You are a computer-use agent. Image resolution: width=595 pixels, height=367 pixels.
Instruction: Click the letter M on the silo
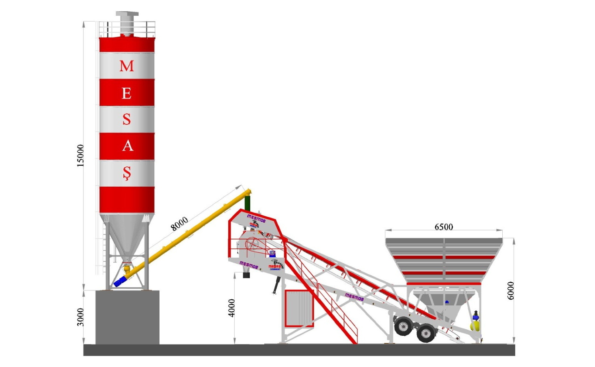(x=127, y=66)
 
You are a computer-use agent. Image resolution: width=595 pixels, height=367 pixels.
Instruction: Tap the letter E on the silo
(x=127, y=94)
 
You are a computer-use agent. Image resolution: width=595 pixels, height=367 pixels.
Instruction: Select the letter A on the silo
(x=127, y=146)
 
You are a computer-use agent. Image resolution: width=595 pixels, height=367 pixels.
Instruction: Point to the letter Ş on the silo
(x=127, y=173)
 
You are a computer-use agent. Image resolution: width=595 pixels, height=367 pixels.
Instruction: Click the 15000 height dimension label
(x=81, y=156)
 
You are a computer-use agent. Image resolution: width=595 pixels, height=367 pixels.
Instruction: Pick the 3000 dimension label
(x=81, y=317)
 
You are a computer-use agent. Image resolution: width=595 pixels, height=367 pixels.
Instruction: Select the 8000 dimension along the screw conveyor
(x=179, y=223)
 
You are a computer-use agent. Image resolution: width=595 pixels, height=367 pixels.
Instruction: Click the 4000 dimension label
(x=232, y=308)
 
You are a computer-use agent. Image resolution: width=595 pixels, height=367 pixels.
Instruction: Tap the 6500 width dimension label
(x=444, y=227)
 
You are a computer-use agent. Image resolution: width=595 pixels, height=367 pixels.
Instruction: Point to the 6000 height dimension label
(x=510, y=290)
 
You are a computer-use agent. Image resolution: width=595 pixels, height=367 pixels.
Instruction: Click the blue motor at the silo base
(x=120, y=282)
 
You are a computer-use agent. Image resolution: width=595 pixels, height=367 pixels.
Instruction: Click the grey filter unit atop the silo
(x=127, y=22)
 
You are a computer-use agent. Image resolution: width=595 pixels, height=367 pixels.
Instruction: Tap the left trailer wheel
(x=404, y=326)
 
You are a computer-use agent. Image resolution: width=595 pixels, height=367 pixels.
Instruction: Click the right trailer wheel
(x=426, y=333)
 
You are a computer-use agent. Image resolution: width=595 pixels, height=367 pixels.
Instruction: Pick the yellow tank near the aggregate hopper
(x=475, y=325)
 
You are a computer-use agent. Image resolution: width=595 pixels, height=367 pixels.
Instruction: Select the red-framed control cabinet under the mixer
(x=299, y=308)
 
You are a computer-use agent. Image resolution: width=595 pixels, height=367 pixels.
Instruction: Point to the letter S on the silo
(x=127, y=119)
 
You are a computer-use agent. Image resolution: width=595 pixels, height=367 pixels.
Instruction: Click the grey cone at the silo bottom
(x=126, y=239)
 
